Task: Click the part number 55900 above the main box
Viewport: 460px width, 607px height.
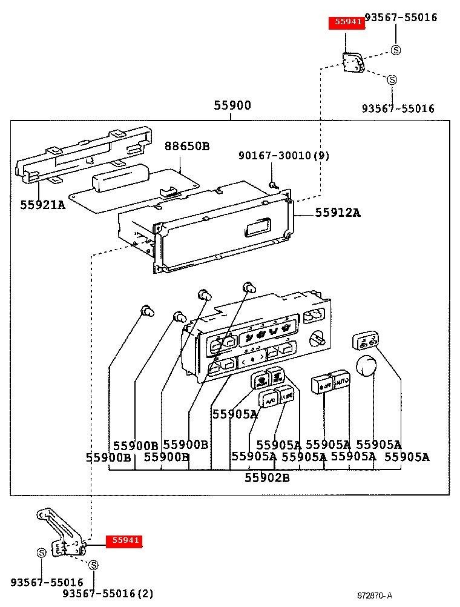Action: [232, 105]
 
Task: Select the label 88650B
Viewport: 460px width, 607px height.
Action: [187, 146]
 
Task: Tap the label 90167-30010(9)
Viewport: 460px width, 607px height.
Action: [284, 156]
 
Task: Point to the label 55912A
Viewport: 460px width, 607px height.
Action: [337, 213]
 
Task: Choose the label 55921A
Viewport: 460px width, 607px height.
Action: [42, 205]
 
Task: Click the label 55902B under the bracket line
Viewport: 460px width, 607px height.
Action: [267, 478]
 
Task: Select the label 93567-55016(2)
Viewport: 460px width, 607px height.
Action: [108, 594]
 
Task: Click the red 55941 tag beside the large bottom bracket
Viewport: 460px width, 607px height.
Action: [124, 541]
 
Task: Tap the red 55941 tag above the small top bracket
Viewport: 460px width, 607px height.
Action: [346, 23]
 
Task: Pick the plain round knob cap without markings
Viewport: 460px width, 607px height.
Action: [367, 367]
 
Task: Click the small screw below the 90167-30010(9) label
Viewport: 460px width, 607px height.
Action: [273, 184]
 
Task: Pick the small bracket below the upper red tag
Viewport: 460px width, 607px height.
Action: [352, 62]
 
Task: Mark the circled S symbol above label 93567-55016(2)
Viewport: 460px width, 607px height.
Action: [93, 565]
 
